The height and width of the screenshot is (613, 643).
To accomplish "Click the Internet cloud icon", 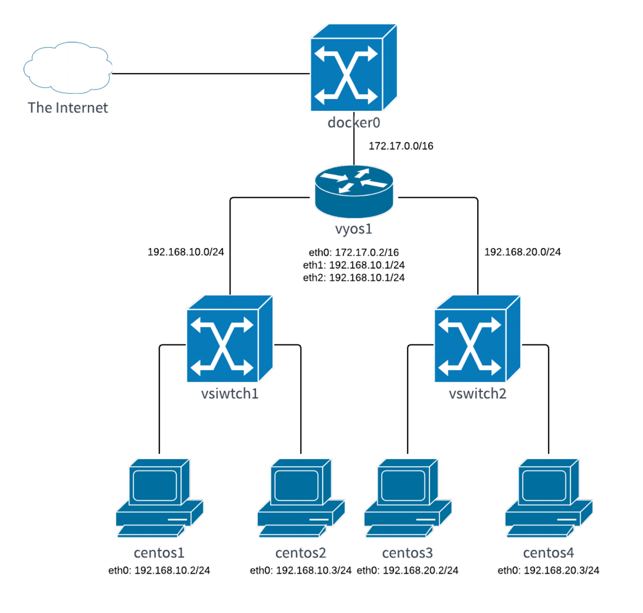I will pos(68,68).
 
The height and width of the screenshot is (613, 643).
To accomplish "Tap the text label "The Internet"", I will pos(68,108).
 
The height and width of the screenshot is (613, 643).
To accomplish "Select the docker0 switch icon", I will pos(353,68).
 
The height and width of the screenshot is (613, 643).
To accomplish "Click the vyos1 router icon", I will pos(354,191).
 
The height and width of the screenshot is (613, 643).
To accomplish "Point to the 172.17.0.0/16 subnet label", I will pos(401,146).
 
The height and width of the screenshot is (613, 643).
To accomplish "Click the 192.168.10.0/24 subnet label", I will pos(185,252).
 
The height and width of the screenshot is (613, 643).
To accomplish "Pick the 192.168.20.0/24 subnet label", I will pos(522,252).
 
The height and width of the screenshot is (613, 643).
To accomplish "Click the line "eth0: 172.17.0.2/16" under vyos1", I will pos(354,253).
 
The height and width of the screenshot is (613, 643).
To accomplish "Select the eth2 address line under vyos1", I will pos(354,278).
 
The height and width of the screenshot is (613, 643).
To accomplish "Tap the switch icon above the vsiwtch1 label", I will pos(229,339).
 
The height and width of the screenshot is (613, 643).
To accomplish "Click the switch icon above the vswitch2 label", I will pos(477,339).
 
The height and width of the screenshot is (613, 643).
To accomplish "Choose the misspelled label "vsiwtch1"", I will pos(230,394).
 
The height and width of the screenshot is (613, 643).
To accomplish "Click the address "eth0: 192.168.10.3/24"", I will pos(301,570).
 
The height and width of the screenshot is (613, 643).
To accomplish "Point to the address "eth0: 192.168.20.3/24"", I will pos(549,570).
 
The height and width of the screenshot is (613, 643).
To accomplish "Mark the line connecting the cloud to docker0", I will pos(210,74).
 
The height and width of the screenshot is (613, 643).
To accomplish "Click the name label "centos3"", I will pos(408,553).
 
